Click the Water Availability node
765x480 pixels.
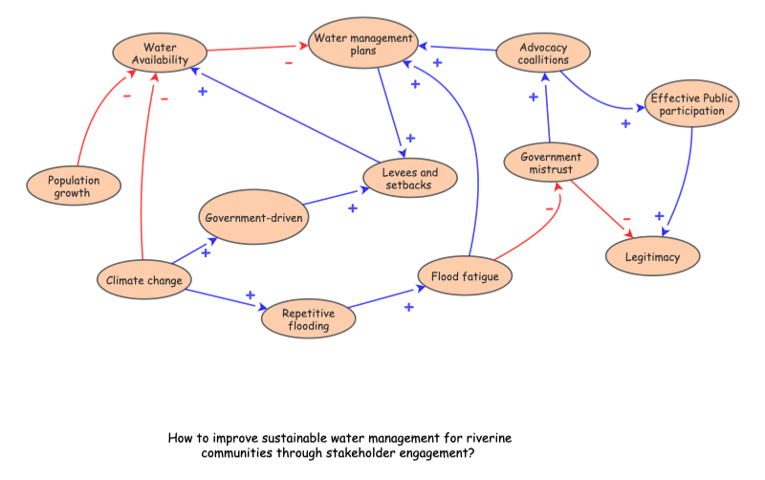pyautogui.click(x=160, y=54)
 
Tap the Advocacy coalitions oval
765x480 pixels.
pyautogui.click(x=544, y=54)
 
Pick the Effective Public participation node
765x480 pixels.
pyautogui.click(x=690, y=104)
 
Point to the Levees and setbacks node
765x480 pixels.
pyautogui.click(x=410, y=179)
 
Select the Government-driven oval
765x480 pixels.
pyautogui.click(x=253, y=218)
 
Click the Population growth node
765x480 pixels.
pyautogui.click(x=74, y=185)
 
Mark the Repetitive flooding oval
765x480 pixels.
pyautogui.click(x=309, y=318)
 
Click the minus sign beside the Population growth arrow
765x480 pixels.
pyautogui.click(x=125, y=95)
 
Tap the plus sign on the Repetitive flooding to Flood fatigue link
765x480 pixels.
pyautogui.click(x=408, y=307)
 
